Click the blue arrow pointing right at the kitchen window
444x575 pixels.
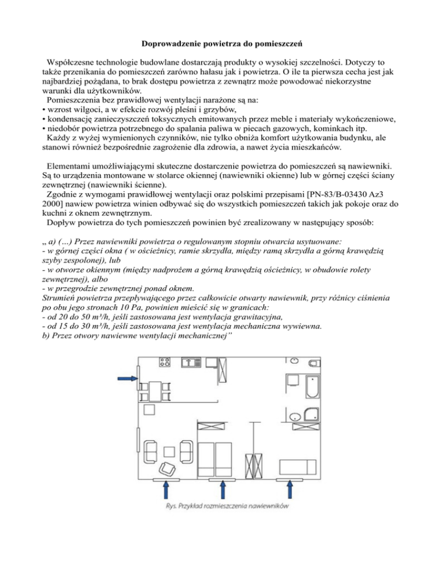coord(126,378)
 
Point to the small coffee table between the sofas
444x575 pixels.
coord(172,448)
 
